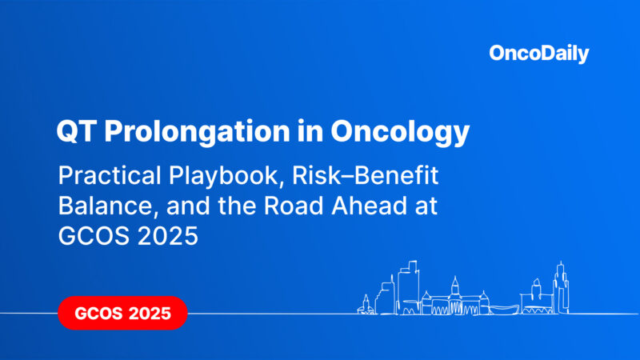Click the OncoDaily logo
point(538,54)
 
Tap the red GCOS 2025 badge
point(122,313)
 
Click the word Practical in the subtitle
point(105,174)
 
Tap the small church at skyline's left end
point(366,305)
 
